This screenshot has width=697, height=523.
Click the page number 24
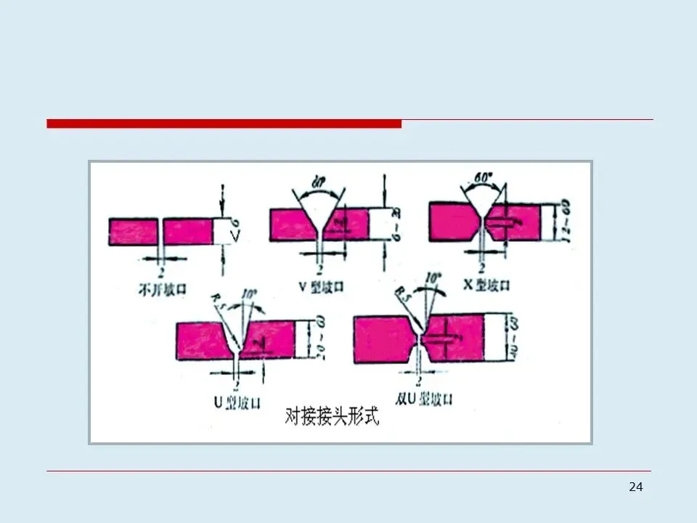click(635, 487)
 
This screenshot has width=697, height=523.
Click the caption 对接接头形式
click(332, 418)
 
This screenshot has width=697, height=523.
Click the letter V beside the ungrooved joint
click(234, 236)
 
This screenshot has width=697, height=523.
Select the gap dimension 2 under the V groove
click(320, 267)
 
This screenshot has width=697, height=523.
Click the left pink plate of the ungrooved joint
click(134, 232)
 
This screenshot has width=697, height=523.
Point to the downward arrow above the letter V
click(223, 192)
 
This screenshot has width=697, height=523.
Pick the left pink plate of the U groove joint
click(204, 340)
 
